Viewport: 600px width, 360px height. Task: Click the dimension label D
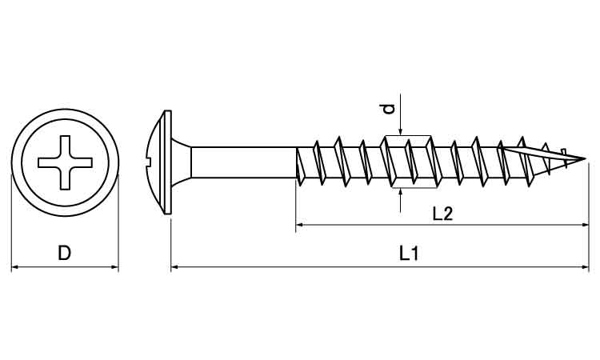coord(64,253)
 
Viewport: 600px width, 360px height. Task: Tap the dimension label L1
coord(409,254)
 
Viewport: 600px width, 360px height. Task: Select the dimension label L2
coord(442,214)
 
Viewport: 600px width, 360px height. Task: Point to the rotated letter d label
coord(388,109)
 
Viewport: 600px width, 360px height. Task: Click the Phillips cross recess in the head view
coord(65,162)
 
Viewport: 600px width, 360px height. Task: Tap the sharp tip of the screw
coord(586,158)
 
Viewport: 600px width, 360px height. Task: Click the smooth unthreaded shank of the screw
coord(243,162)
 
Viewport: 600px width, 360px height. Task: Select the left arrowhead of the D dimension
coord(15,266)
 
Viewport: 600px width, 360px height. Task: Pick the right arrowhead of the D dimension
coord(114,266)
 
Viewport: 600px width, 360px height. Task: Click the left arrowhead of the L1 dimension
coord(175,266)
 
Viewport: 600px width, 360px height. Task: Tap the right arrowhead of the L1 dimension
coord(585,266)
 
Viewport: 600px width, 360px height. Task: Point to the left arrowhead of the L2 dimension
coord(300,225)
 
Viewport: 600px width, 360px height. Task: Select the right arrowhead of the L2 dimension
coord(584,225)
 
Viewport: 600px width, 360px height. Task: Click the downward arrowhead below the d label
coord(400,132)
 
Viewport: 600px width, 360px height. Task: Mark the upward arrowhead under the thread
coord(400,193)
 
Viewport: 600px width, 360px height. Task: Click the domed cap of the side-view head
coord(156,162)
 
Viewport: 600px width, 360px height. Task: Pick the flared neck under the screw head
coord(181,162)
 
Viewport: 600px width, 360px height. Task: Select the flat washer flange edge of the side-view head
coord(168,162)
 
